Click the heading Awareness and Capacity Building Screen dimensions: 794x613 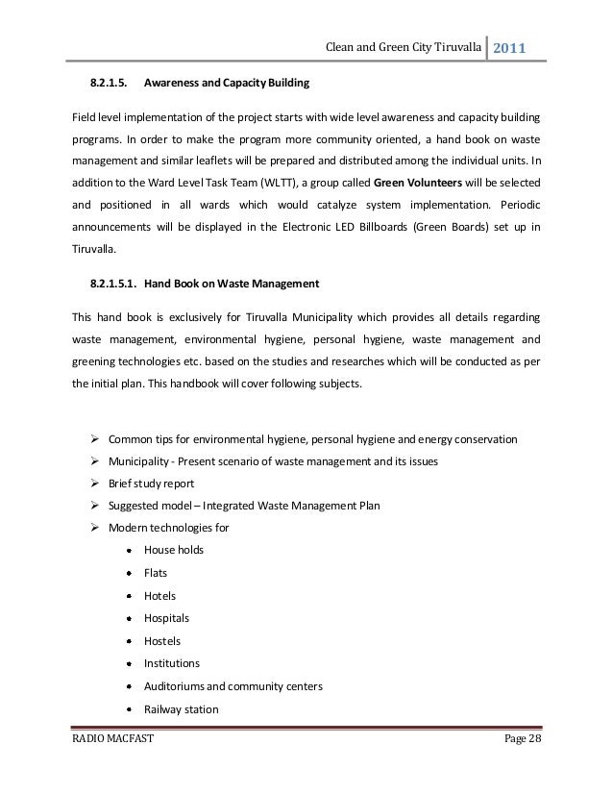pos(226,85)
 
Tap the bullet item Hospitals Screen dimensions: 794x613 pos(166,617)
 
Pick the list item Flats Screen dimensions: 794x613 pos(155,572)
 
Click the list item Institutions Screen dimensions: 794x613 pos(171,663)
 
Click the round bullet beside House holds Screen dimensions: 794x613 pos(128,550)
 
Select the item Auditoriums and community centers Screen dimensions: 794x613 pos(233,687)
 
